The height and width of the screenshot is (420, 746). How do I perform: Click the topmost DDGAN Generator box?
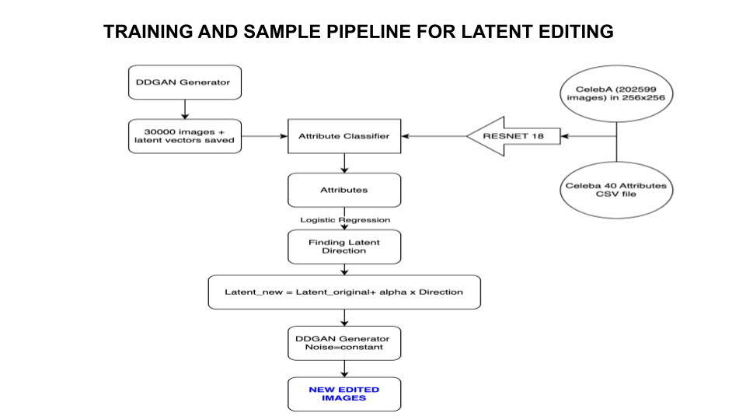183,82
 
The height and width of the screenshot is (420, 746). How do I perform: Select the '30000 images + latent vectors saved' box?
183,135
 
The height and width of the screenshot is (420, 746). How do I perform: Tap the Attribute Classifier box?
344,136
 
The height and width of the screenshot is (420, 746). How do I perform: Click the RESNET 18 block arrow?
513,136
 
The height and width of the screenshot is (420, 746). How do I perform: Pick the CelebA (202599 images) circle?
613,93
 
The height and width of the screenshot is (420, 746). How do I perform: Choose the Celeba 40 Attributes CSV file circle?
615,190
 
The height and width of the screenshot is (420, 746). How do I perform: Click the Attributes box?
344,190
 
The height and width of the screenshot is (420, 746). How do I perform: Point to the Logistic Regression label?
345,220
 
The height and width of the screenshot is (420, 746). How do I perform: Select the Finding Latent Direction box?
344,247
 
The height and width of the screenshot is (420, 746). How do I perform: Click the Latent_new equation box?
344,292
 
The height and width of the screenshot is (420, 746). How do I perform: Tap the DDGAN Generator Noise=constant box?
344,343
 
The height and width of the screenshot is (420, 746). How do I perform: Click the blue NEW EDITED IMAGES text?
344,394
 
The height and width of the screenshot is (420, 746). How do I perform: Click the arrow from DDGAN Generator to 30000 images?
183,108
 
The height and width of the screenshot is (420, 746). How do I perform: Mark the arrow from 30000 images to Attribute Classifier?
264,136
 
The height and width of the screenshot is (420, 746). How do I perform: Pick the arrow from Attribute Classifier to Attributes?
344,163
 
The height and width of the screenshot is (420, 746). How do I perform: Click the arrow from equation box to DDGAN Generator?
344,317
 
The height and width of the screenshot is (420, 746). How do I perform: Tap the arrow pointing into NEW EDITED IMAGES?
344,369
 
